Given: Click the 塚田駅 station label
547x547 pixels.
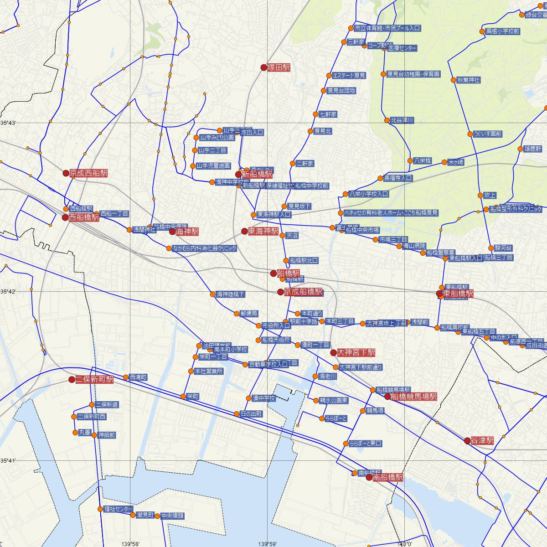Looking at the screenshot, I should click(279, 67).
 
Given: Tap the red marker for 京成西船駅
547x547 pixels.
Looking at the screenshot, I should click(66, 173).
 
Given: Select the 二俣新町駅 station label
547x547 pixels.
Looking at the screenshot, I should click(94, 379).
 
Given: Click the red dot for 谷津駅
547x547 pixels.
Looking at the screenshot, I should click(467, 441).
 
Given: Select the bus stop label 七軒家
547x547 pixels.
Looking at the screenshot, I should click(328, 114).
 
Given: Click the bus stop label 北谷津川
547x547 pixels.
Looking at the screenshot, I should click(402, 120).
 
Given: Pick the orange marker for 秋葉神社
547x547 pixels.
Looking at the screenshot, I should click(454, 80).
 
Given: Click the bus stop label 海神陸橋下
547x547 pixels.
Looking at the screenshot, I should click(231, 294).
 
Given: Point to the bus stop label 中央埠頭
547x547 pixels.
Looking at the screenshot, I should click(173, 516).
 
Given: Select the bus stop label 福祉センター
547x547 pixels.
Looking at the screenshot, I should click(118, 509).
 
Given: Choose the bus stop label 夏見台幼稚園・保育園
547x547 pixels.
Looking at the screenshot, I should click(413, 74).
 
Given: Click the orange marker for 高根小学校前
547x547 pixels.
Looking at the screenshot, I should click(482, 31).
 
